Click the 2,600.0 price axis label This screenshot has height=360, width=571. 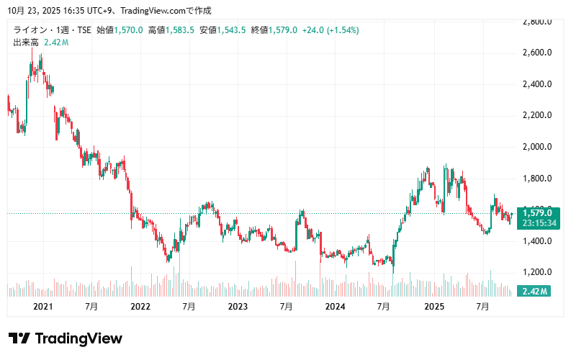(x=537, y=53)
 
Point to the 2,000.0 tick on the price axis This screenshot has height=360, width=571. (x=537, y=147)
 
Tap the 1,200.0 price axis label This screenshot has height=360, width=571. (x=537, y=272)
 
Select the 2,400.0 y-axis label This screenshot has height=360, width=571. (x=537, y=84)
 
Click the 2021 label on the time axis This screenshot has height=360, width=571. (x=43, y=307)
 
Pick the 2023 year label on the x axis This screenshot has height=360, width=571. (x=238, y=307)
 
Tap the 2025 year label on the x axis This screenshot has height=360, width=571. (x=433, y=307)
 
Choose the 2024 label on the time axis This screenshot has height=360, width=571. (x=336, y=307)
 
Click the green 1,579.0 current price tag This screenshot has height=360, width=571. (x=537, y=212)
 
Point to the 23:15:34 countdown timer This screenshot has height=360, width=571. (x=537, y=223)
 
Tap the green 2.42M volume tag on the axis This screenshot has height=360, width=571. (x=535, y=291)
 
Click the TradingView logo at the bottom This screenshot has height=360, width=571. (x=66, y=338)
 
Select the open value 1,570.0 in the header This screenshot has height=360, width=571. (x=129, y=30)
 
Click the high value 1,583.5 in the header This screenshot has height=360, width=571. (x=180, y=30)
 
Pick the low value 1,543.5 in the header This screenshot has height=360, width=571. (x=232, y=30)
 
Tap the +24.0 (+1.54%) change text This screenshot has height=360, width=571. (x=331, y=30)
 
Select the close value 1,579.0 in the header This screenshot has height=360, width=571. (x=283, y=30)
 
